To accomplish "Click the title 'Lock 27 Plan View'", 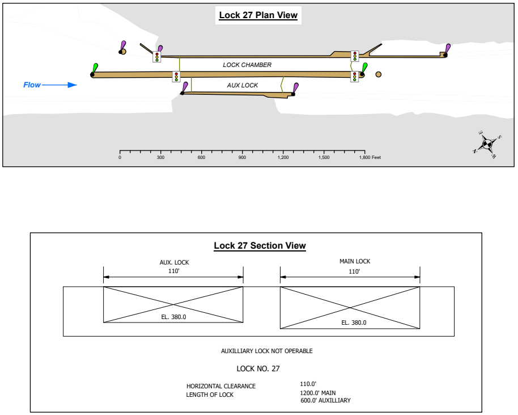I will point(258,15).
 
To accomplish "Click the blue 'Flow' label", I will point(32,85).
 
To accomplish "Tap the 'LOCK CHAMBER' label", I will point(247,65).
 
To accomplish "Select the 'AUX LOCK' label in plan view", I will point(243,86).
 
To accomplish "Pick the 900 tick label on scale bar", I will point(243,157).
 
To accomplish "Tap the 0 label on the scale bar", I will point(120,157).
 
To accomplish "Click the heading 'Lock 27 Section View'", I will point(260,246).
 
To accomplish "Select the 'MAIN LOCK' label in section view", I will point(354,262).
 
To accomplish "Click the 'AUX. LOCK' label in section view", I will point(174,263).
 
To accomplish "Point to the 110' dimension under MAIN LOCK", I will point(354,272).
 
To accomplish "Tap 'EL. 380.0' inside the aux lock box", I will point(173,317).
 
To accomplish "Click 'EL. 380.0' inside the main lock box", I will point(354,322).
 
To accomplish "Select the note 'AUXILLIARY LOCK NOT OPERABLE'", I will point(266,351).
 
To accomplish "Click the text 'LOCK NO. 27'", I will point(258,369).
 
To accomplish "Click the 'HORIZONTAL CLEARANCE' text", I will point(221,387).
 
